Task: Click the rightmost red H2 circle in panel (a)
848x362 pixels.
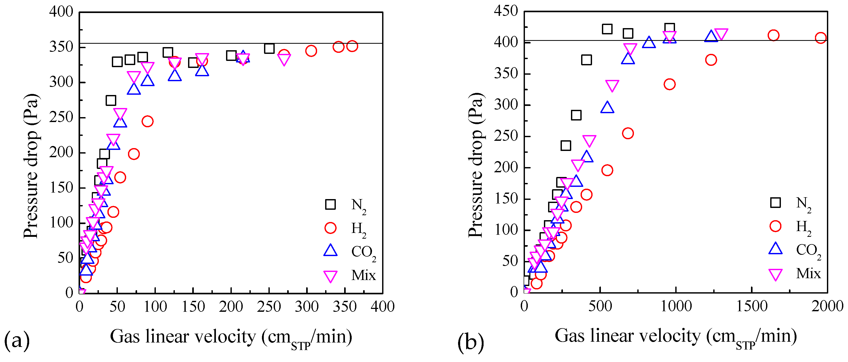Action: [352, 46]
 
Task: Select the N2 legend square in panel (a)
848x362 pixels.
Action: [330, 204]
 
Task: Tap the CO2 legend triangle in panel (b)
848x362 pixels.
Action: [775, 249]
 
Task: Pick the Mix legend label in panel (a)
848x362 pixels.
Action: [363, 275]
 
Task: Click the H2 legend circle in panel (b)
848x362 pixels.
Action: [775, 226]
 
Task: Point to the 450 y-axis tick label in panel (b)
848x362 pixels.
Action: [506, 11]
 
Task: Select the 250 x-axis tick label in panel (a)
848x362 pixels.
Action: [269, 307]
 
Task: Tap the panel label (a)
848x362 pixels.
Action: [17, 340]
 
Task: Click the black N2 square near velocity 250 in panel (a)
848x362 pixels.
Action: [269, 48]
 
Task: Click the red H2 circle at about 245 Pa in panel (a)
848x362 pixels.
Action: [147, 121]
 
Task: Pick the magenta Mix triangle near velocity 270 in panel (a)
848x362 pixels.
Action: [284, 59]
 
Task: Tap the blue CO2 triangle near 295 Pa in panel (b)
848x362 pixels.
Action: [607, 108]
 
